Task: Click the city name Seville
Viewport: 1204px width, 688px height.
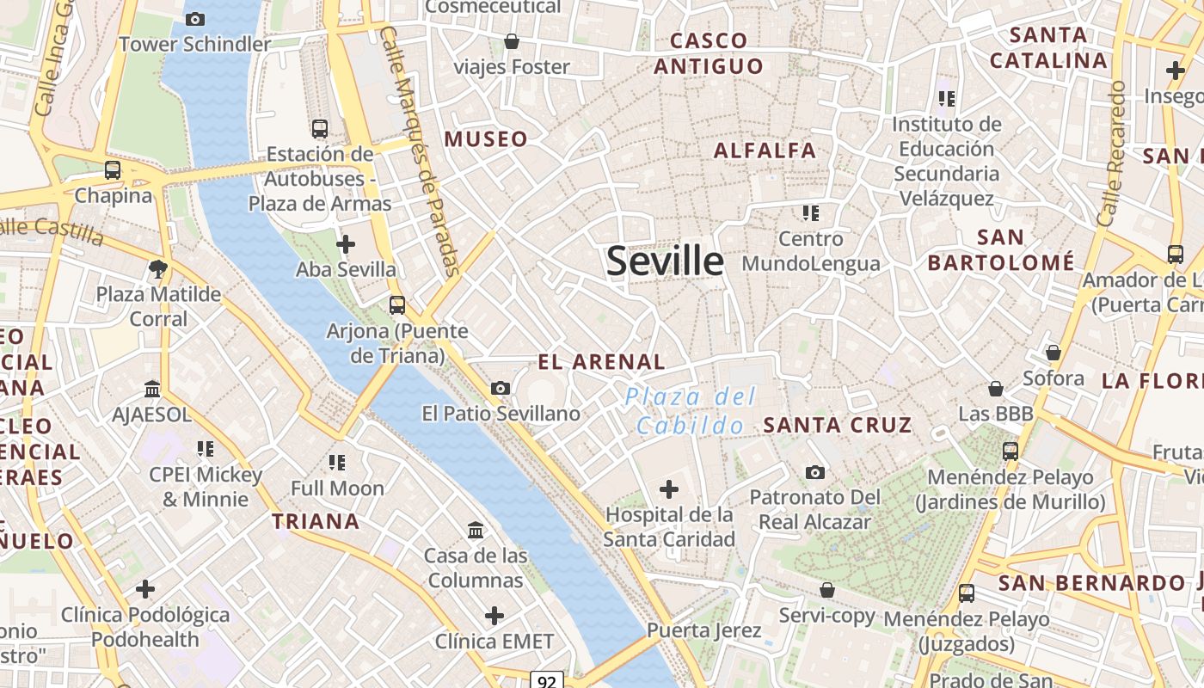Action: (x=665, y=261)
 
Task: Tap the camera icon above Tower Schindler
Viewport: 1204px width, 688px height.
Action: (x=195, y=19)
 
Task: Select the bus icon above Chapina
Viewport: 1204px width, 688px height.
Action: (x=113, y=169)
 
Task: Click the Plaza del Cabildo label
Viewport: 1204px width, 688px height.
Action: (x=691, y=410)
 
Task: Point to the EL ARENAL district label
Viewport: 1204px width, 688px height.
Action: (x=601, y=362)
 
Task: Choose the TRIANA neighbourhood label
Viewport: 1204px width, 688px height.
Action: (x=316, y=521)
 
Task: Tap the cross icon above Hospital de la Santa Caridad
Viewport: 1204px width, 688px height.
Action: (x=668, y=489)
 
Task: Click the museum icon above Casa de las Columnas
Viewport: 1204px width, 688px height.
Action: (x=476, y=529)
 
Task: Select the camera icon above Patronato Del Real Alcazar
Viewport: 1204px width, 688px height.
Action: (x=815, y=472)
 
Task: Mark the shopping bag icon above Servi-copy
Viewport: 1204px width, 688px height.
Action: (x=826, y=590)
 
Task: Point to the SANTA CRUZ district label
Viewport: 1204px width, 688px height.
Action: (x=838, y=425)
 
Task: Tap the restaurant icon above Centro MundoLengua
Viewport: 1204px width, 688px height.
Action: (x=810, y=212)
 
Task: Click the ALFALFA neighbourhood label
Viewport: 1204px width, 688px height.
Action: (x=765, y=150)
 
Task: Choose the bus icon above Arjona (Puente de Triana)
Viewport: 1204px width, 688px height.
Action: (x=396, y=304)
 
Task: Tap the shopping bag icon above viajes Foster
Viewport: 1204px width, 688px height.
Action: (x=512, y=40)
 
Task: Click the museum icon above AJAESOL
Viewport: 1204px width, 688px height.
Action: (x=152, y=389)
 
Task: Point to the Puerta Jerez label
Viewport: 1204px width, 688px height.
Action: (x=703, y=630)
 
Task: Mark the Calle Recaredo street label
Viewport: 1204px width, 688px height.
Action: (x=1110, y=155)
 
